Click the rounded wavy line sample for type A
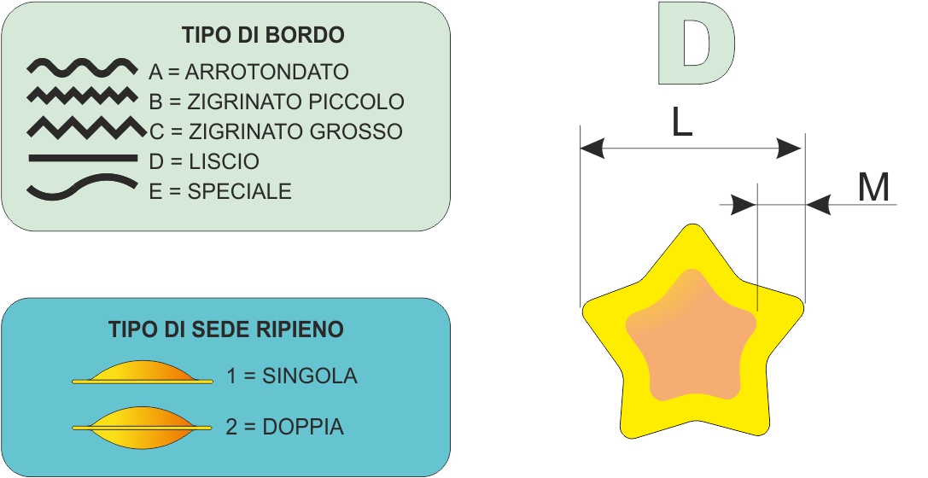coord(81,66)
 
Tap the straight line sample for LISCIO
coord(82,158)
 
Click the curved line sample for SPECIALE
coord(81,188)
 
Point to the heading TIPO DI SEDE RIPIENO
coord(226,329)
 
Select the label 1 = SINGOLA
coord(292,376)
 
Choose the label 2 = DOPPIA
coord(285,426)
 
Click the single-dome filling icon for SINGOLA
coord(143,373)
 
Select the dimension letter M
coord(873,188)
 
